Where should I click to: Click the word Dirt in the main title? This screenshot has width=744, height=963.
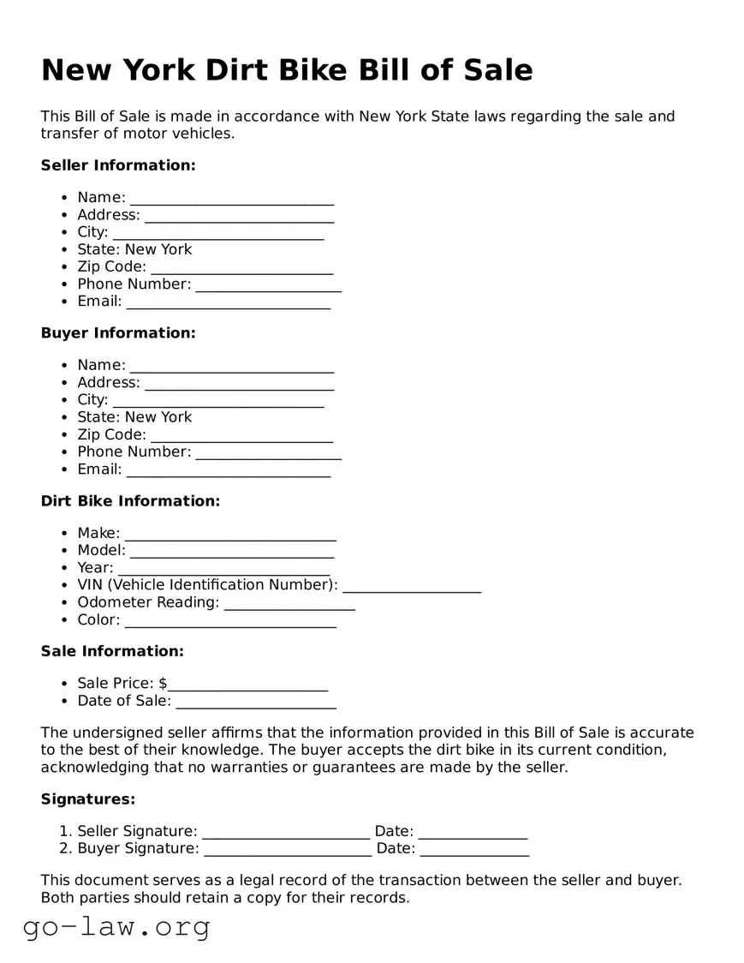pyautogui.click(x=240, y=69)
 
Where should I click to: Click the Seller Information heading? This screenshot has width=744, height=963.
pyautogui.click(x=118, y=165)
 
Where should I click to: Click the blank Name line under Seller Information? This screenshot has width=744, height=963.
pyautogui.click(x=231, y=199)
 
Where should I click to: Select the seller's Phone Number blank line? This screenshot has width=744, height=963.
pyautogui.click(x=268, y=285)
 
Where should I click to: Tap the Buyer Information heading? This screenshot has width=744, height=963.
pyautogui.click(x=118, y=333)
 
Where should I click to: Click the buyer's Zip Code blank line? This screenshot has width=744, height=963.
pyautogui.click(x=241, y=436)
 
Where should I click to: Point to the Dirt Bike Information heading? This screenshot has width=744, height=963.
pyautogui.click(x=130, y=501)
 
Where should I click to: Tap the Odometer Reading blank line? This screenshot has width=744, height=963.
pyautogui.click(x=289, y=604)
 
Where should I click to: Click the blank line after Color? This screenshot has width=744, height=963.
pyautogui.click(x=229, y=621)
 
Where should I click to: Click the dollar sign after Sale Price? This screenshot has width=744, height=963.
pyautogui.click(x=163, y=684)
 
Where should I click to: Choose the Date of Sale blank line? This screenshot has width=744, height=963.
pyautogui.click(x=255, y=703)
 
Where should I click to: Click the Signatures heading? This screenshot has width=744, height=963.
pyautogui.click(x=88, y=799)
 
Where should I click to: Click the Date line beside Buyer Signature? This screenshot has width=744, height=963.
pyautogui.click(x=474, y=850)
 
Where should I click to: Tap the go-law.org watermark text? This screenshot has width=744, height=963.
pyautogui.click(x=116, y=926)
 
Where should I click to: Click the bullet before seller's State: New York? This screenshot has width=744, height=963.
pyautogui.click(x=65, y=250)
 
